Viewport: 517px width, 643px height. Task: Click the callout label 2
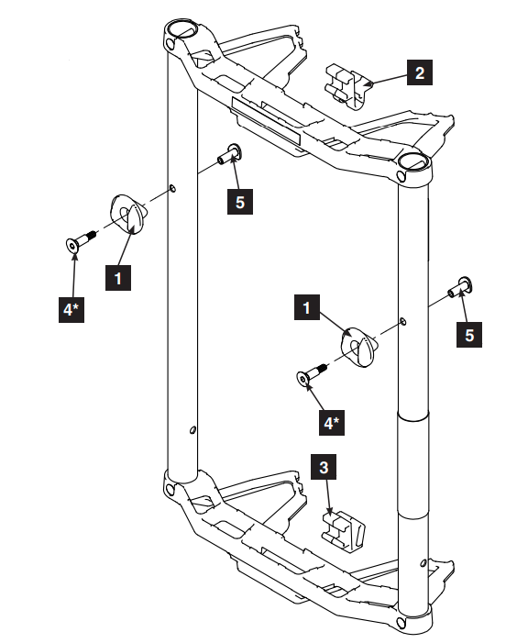pyautogui.click(x=419, y=72)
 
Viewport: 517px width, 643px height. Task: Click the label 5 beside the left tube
pyautogui.click(x=240, y=202)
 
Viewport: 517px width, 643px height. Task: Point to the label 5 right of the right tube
pyautogui.click(x=469, y=336)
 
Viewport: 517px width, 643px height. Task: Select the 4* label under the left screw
pyautogui.click(x=71, y=311)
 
